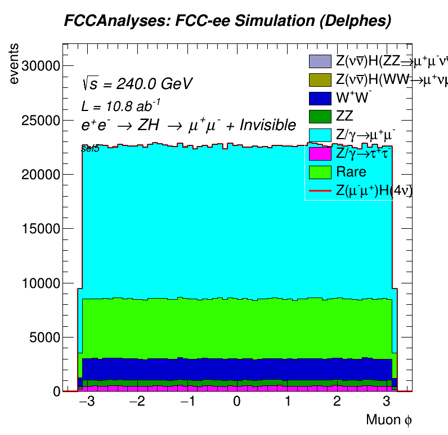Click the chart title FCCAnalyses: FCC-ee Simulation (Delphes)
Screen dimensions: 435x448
click(x=227, y=21)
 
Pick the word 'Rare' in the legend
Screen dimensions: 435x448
click(x=351, y=172)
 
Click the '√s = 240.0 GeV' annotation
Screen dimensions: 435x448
click(x=137, y=84)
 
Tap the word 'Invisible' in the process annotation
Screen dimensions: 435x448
click(x=267, y=125)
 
